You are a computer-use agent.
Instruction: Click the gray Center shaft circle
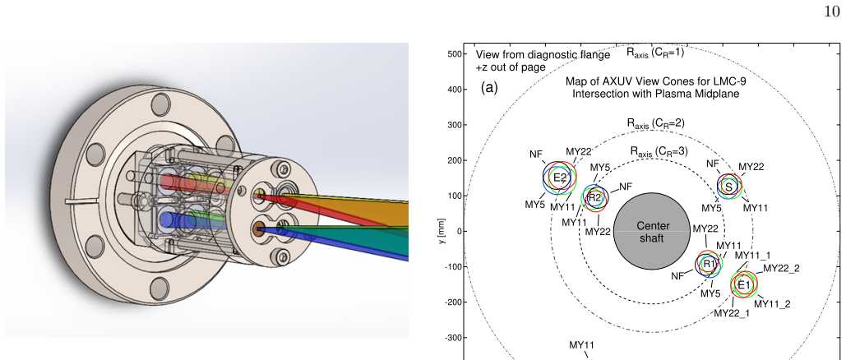[x=652, y=232]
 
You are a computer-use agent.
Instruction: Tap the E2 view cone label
[x=560, y=177]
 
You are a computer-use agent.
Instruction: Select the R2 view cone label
[x=594, y=198]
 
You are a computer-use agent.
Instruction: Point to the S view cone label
[x=729, y=187]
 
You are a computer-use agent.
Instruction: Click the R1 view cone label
[x=709, y=264]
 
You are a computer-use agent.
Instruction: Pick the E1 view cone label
[x=744, y=284]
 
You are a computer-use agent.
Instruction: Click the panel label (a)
[x=489, y=88]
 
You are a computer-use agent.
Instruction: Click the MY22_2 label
[x=781, y=268]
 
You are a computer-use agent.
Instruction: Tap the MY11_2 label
[x=772, y=304]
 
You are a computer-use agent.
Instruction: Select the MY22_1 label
[x=732, y=313]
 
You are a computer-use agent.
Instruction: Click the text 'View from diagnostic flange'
[x=543, y=55]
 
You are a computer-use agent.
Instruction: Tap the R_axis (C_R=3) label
[x=659, y=152]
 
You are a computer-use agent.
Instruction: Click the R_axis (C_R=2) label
[x=655, y=123]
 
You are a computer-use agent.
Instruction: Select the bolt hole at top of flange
[x=162, y=103]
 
